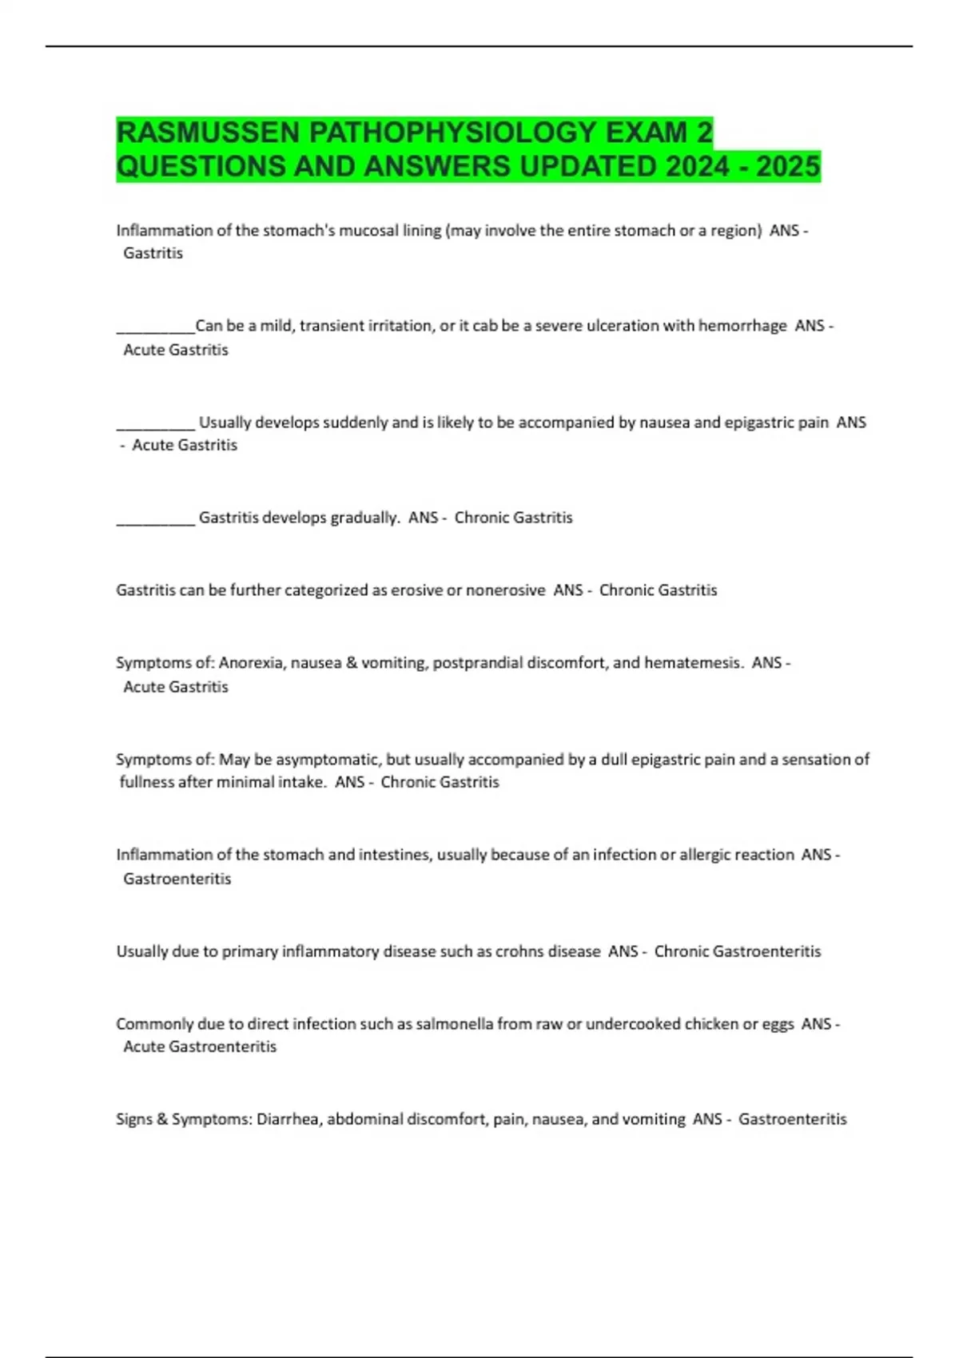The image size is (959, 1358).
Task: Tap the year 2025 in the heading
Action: [788, 167]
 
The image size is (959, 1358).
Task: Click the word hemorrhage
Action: [742, 326]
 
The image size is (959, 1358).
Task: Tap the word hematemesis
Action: [694, 663]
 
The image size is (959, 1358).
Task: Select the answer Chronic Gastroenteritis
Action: [737, 951]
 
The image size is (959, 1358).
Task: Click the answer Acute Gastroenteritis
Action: [199, 1046]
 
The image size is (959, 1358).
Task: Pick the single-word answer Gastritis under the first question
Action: [153, 253]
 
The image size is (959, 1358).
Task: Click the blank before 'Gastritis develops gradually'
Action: [155, 519]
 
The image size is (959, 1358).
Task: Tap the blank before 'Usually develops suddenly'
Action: [155, 424]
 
